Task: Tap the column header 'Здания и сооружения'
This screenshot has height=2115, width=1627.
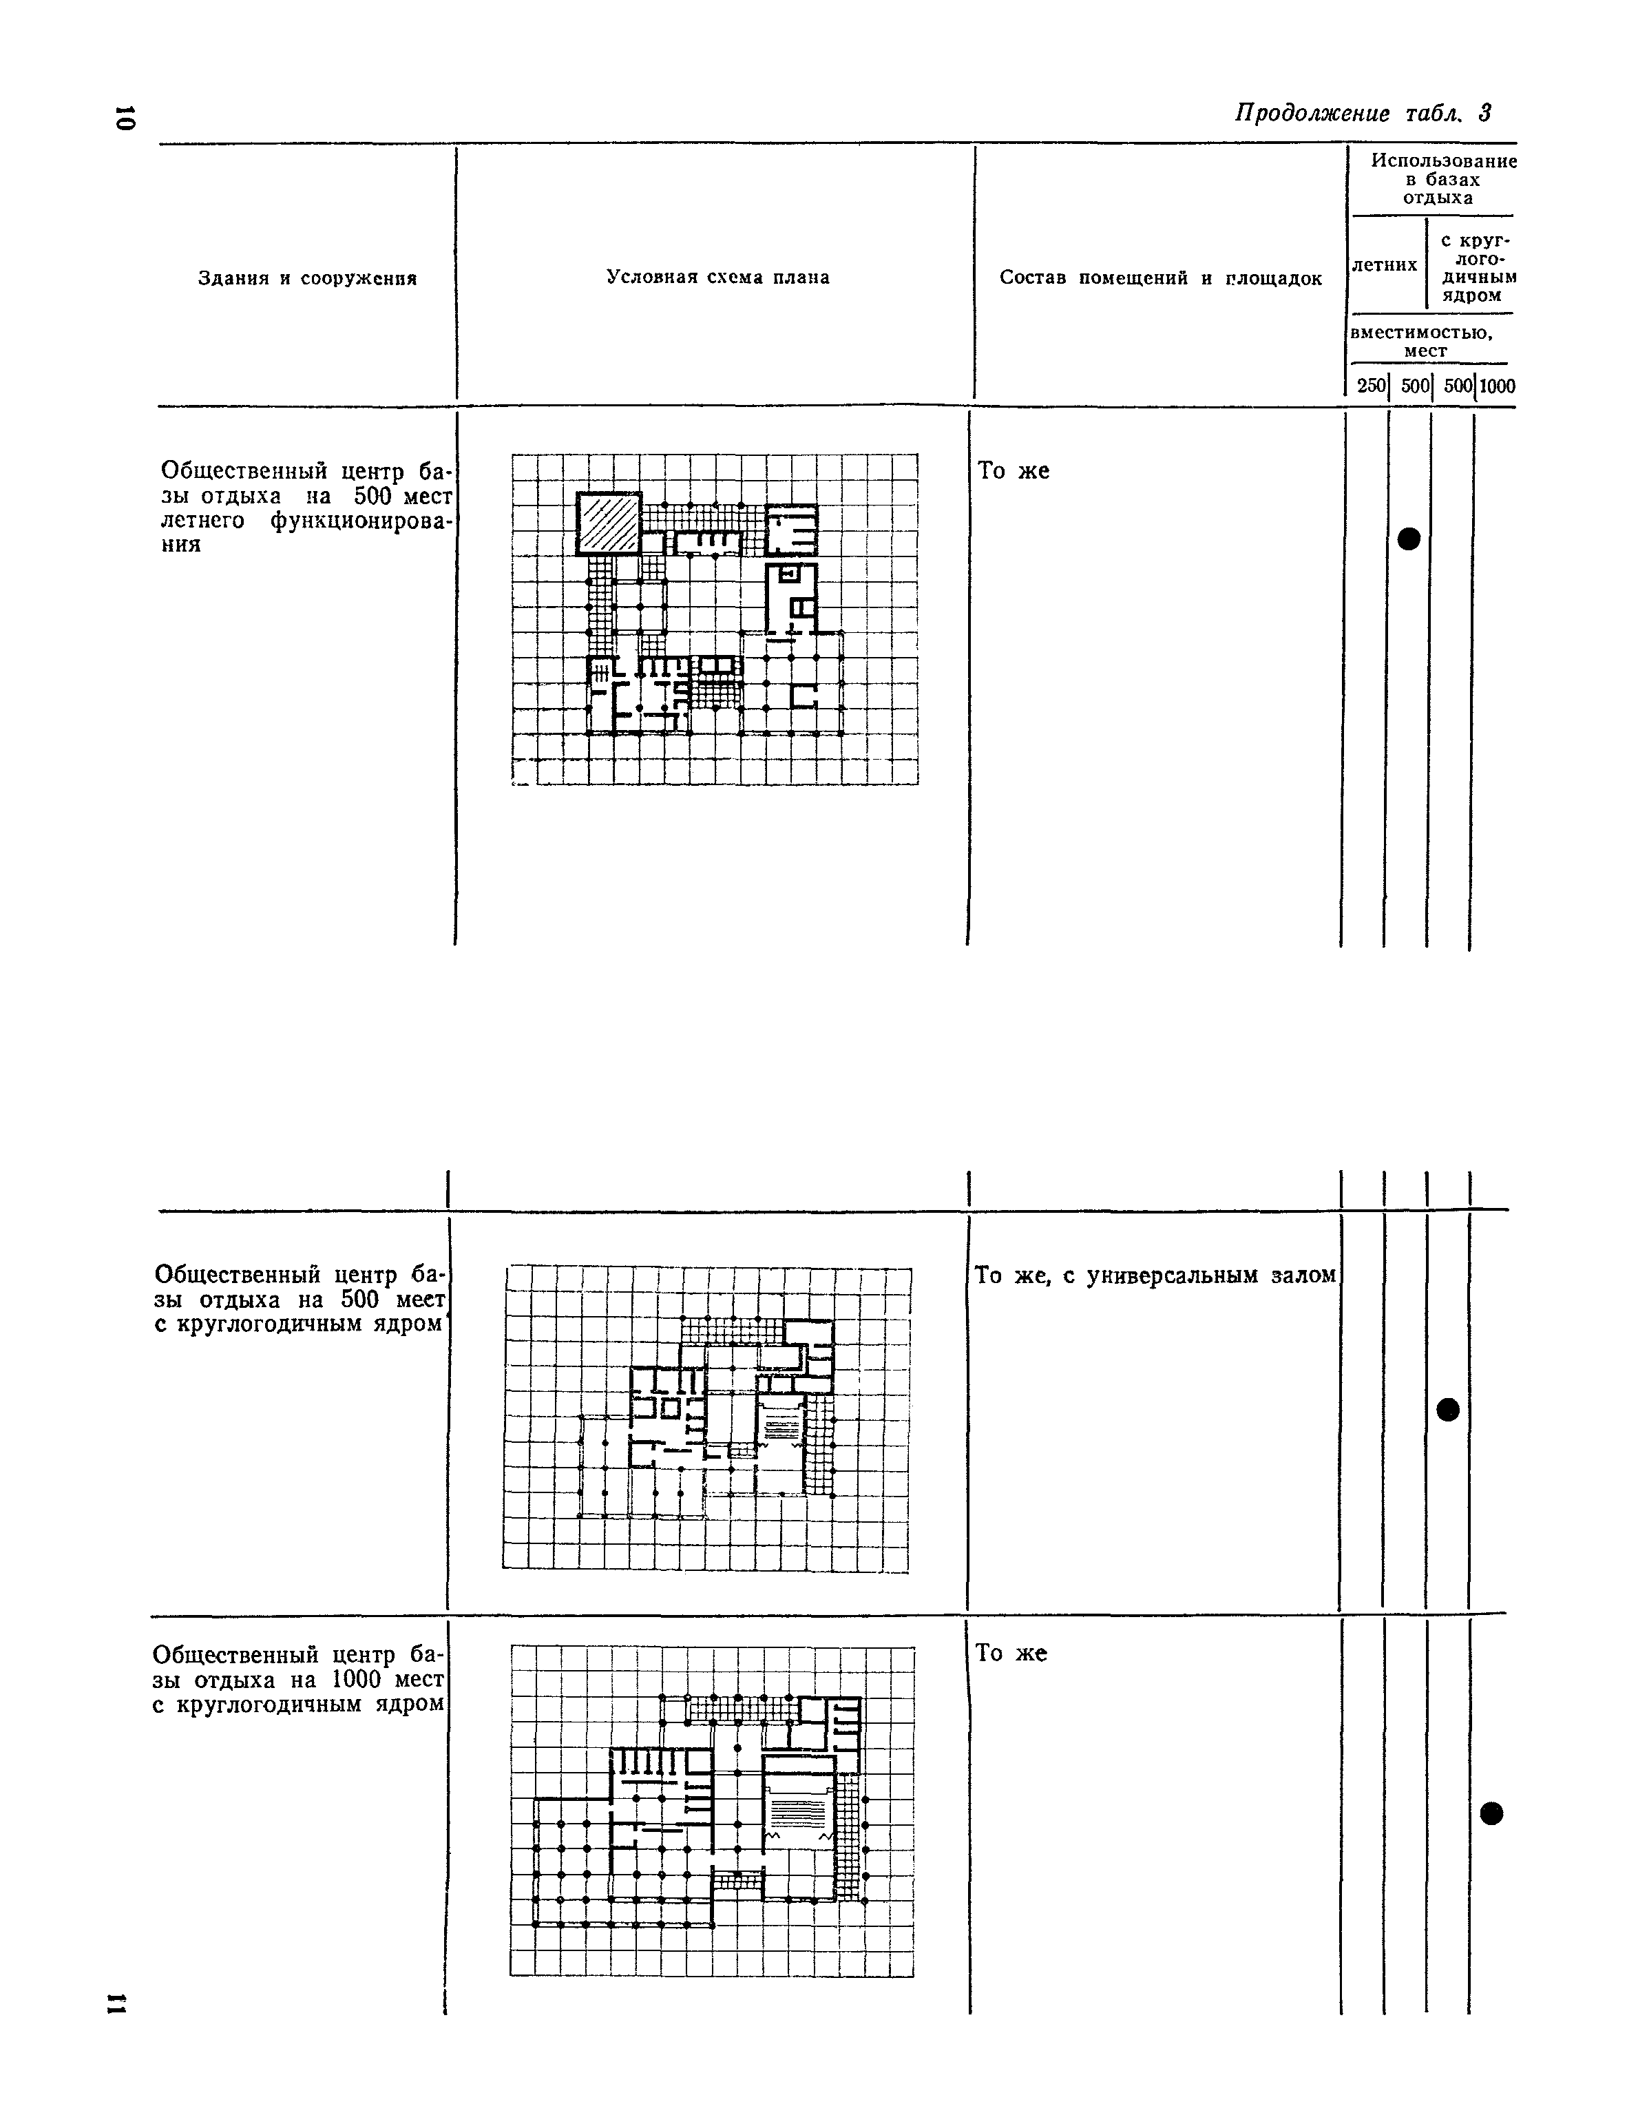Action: pyautogui.click(x=307, y=279)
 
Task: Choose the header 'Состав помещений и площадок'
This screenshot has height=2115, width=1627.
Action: pyautogui.click(x=1160, y=278)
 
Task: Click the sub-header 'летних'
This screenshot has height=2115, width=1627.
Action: pyautogui.click(x=1384, y=265)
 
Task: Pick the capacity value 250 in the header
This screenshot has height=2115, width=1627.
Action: pyautogui.click(x=1370, y=386)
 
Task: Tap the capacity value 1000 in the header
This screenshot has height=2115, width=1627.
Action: pyautogui.click(x=1496, y=386)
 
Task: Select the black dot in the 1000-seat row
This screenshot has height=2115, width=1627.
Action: pyautogui.click(x=1491, y=1813)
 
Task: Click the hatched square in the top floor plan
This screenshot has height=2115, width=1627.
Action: pyautogui.click(x=609, y=523)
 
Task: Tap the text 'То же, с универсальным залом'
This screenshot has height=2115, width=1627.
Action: pyautogui.click(x=1155, y=1276)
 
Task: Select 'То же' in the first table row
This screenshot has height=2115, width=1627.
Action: pyautogui.click(x=1013, y=470)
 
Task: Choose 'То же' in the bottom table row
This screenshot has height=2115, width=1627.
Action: pyautogui.click(x=1011, y=1653)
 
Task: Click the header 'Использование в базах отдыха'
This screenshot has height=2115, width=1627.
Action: pyautogui.click(x=1443, y=179)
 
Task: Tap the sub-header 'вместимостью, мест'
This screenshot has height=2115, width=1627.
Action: pyautogui.click(x=1422, y=341)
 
